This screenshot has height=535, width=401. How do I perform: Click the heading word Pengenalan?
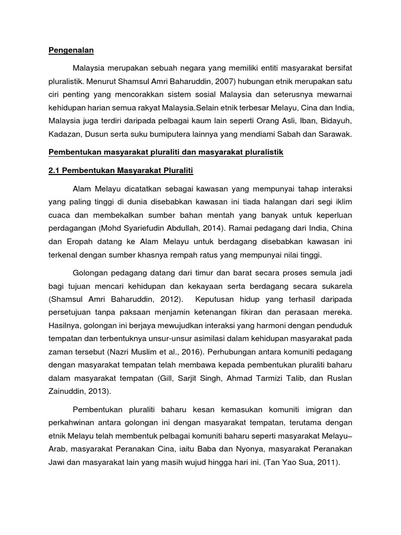(x=70, y=51)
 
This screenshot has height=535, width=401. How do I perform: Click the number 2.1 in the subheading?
(x=55, y=171)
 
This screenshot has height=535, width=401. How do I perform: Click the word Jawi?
(x=58, y=462)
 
